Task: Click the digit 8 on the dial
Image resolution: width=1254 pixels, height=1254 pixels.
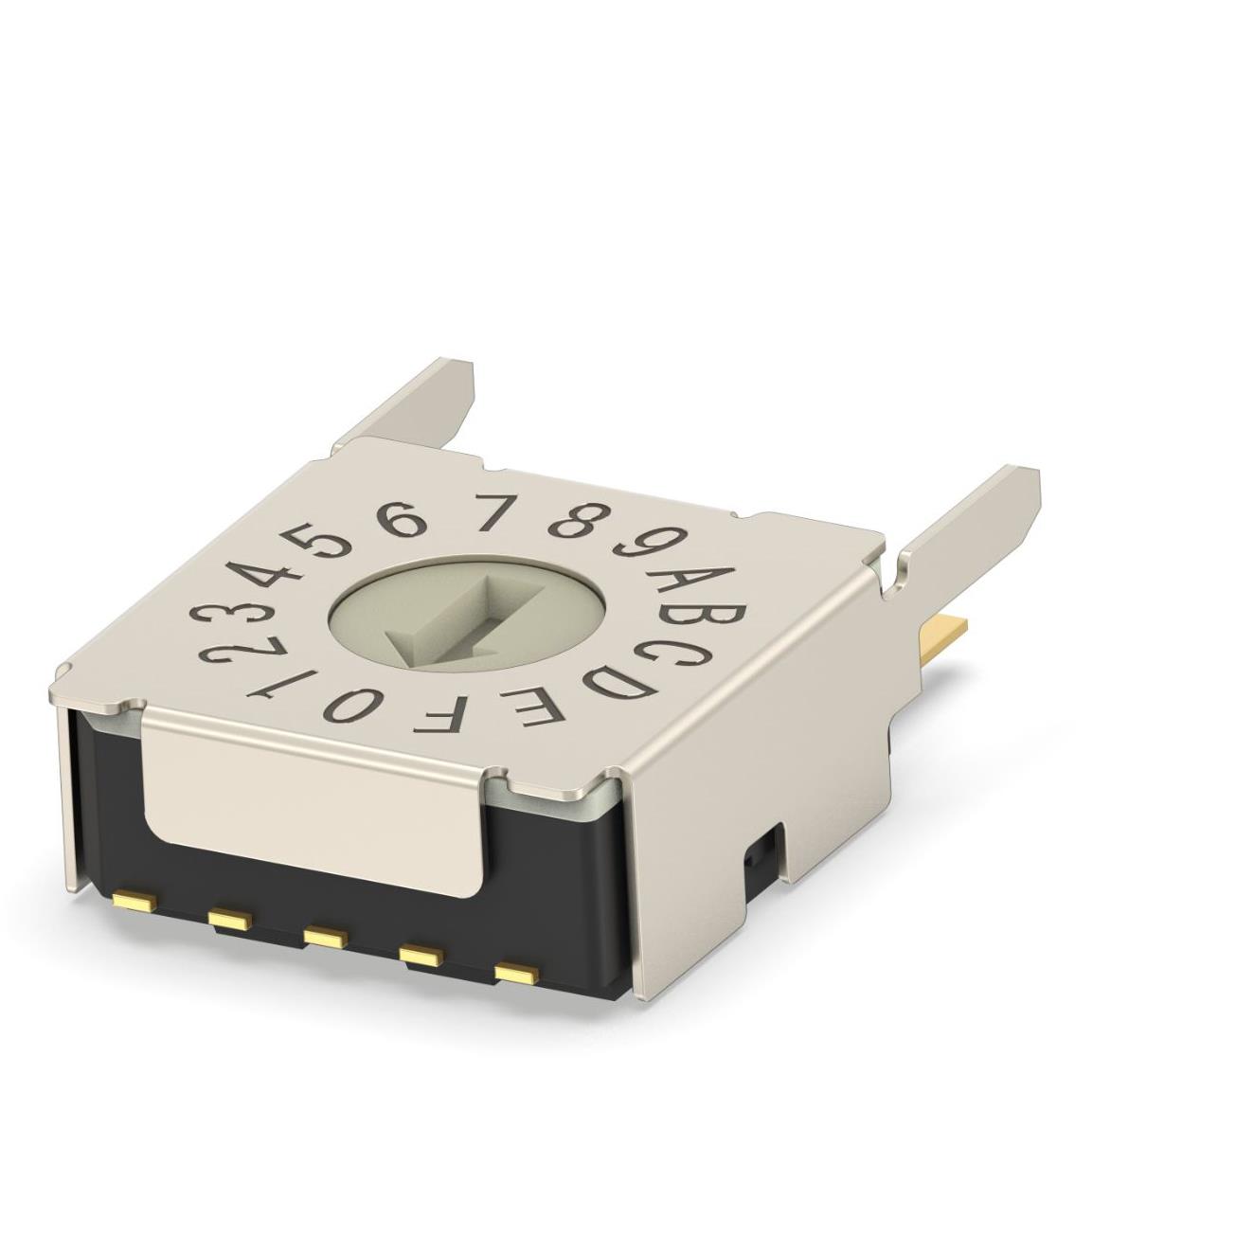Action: coord(574,520)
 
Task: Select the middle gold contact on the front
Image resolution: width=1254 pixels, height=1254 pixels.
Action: coord(323,937)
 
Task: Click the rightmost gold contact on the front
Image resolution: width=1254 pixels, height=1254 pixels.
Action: coord(516,973)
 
